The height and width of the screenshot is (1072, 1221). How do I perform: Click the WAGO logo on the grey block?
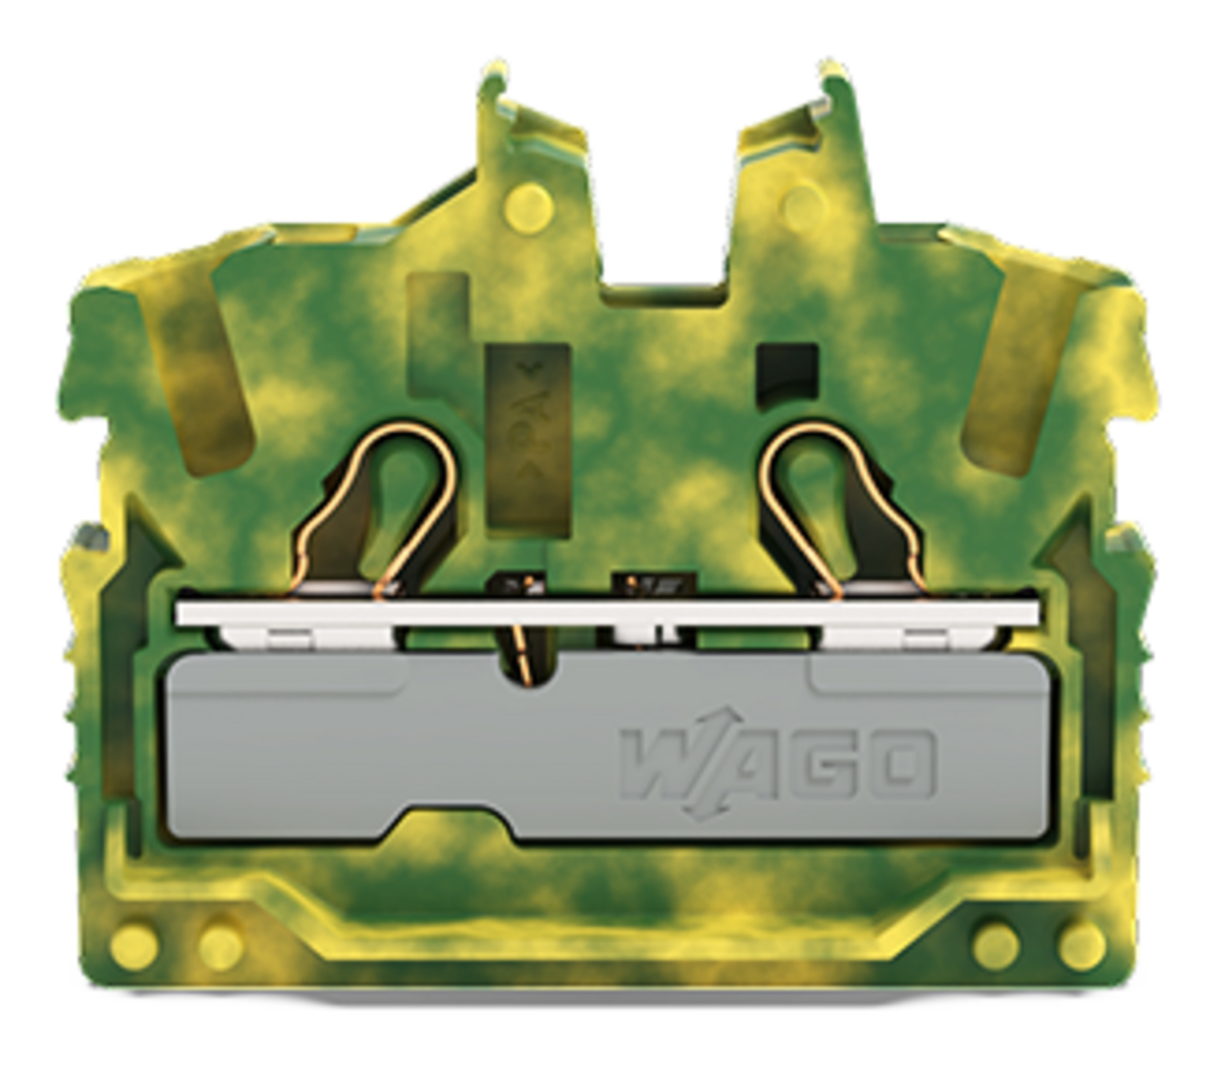point(778,766)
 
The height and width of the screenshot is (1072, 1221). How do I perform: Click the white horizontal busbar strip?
point(607,614)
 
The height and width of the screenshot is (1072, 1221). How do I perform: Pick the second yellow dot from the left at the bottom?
point(221,945)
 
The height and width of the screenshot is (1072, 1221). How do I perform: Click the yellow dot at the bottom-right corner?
point(1083,945)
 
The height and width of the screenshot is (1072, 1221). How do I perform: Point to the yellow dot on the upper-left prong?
point(529,208)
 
